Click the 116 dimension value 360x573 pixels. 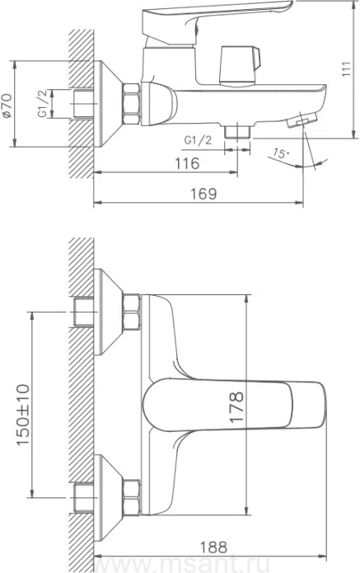[187, 163]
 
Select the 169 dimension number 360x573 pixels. [203, 194]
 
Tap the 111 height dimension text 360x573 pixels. [346, 69]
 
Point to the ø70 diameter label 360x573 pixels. [7, 106]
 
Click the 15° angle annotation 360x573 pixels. [280, 153]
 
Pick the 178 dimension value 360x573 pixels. [236, 407]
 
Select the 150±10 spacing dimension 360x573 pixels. [22, 415]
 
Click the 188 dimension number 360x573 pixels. [213, 547]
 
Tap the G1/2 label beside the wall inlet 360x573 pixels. [43, 104]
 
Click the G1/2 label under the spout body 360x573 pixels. [198, 140]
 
